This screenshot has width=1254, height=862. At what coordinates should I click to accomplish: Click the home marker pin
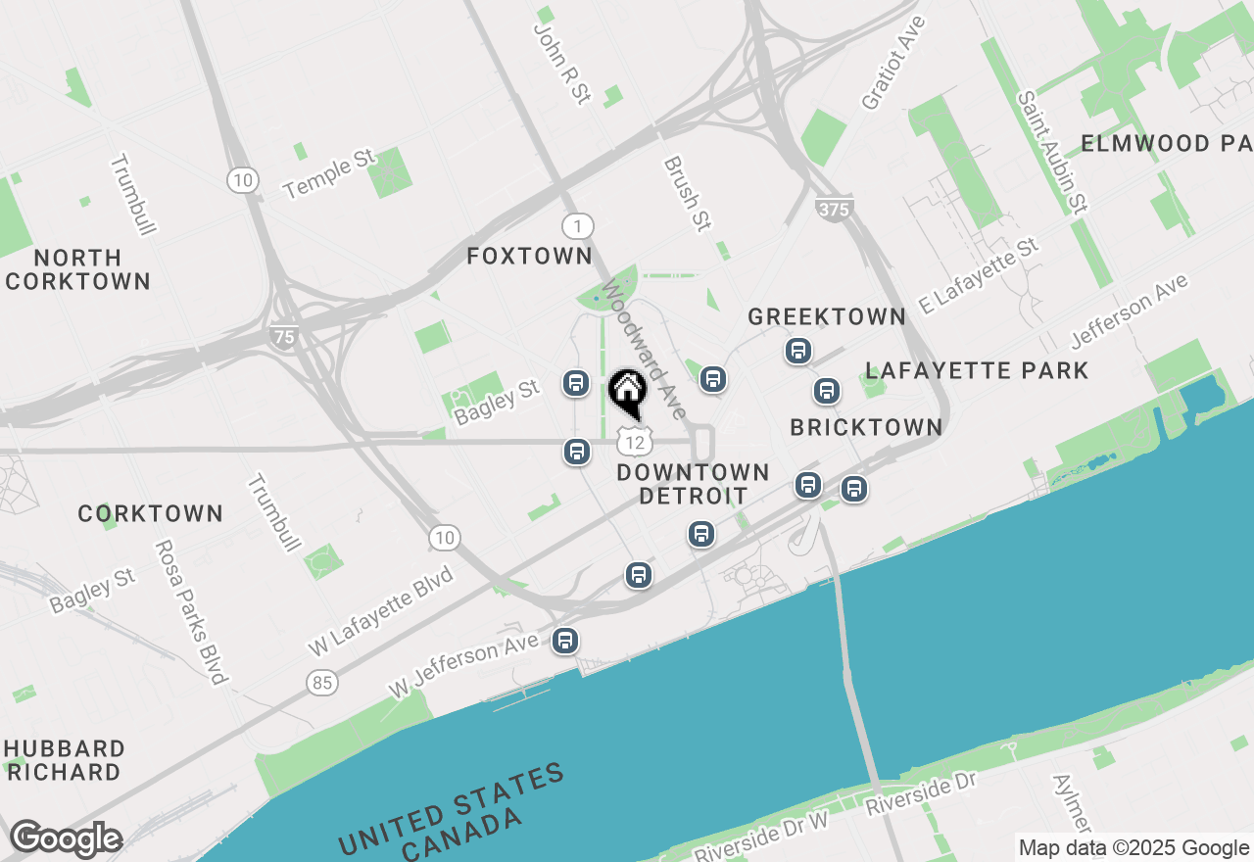pyautogui.click(x=628, y=392)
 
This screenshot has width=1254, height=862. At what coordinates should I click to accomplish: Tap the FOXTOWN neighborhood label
pyautogui.click(x=529, y=257)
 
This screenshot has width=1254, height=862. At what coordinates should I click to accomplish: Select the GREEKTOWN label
pyautogui.click(x=827, y=316)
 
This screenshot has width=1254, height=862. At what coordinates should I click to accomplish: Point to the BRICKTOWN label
pyautogui.click(x=866, y=427)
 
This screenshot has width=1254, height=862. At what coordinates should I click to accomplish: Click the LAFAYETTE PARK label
pyautogui.click(x=977, y=370)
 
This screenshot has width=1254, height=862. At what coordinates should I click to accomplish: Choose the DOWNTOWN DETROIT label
pyautogui.click(x=693, y=484)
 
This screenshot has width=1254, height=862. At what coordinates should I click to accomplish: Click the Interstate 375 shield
pyautogui.click(x=833, y=209)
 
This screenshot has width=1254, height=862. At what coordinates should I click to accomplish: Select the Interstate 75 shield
pyautogui.click(x=284, y=336)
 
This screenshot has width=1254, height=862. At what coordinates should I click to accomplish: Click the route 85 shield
pyautogui.click(x=322, y=682)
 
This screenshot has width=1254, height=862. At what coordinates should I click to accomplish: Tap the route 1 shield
pyautogui.click(x=578, y=227)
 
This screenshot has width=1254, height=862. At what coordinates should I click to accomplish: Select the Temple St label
pyautogui.click(x=329, y=173)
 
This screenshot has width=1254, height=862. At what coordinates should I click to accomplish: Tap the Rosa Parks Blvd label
pyautogui.click(x=191, y=611)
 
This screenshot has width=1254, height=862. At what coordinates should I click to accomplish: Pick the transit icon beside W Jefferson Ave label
pyautogui.click(x=564, y=641)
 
